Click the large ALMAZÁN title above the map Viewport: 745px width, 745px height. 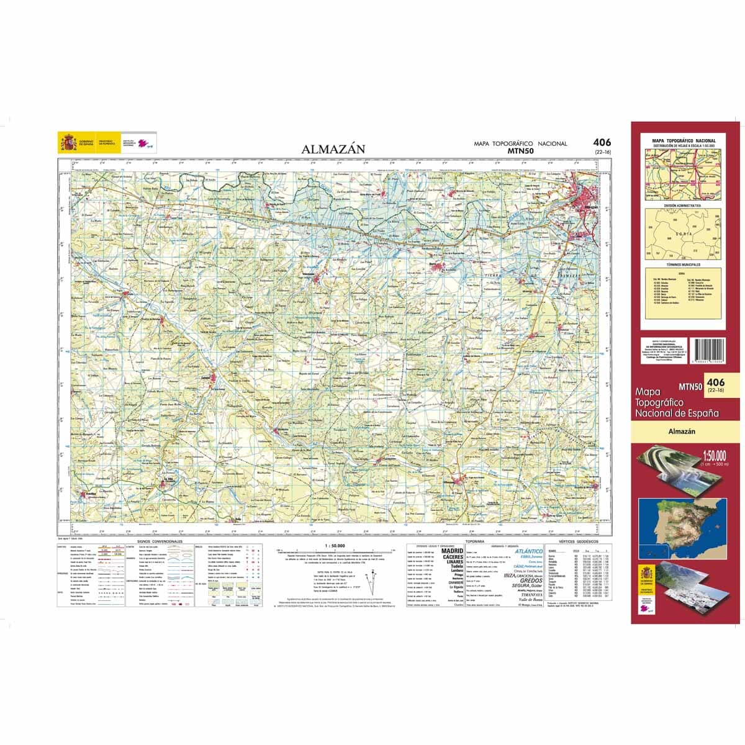[x=333, y=149]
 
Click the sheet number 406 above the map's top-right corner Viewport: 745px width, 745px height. [x=601, y=143]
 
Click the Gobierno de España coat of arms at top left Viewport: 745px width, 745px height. [x=67, y=142]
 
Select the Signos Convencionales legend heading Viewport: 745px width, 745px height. [x=160, y=542]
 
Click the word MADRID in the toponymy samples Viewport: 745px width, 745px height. [x=453, y=551]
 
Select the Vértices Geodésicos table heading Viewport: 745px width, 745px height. [x=577, y=542]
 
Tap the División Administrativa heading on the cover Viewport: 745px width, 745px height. [x=682, y=204]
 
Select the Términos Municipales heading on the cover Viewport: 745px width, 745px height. [x=682, y=264]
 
